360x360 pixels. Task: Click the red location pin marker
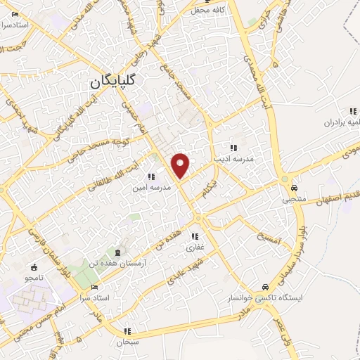(x=181, y=165)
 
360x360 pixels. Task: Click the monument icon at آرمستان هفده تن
(x=117, y=252)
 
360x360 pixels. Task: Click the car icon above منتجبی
(x=295, y=188)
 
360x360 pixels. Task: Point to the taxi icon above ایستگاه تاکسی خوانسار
(x=264, y=287)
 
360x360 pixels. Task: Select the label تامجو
(x=34, y=279)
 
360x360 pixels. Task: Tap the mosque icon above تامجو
(x=34, y=268)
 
